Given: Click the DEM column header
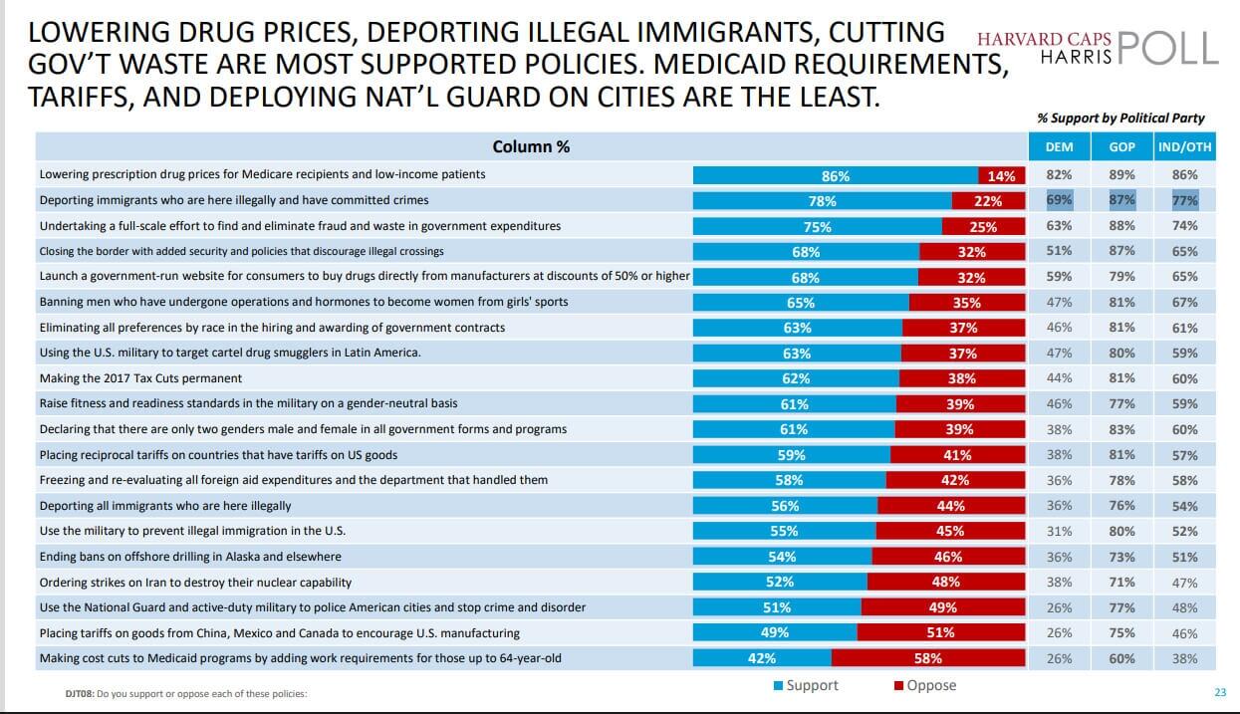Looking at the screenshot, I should coord(1059,147).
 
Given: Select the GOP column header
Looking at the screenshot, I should coord(1121,147).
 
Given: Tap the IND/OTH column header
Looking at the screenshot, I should coord(1184,147).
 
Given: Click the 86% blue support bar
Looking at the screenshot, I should coord(835,175).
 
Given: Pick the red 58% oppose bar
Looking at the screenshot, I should coord(927,658).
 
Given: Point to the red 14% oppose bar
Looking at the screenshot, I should coord(1001,175).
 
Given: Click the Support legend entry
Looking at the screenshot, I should coord(806,685).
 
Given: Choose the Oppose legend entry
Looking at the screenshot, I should coord(925,685).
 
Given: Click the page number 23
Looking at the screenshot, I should coord(1220,693).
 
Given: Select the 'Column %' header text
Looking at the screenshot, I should coord(531,146).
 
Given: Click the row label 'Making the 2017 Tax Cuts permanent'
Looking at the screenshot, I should coord(140,378).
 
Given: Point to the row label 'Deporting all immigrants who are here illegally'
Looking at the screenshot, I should coord(165,506).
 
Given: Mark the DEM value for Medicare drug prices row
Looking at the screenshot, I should coord(1059,174).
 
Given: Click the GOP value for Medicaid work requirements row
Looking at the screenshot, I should coord(1121,658).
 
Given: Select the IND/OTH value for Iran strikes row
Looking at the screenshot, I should coord(1184,582).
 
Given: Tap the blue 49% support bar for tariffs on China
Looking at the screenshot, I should coord(774,632).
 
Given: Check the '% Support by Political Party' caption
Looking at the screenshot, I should coord(1120,118).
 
